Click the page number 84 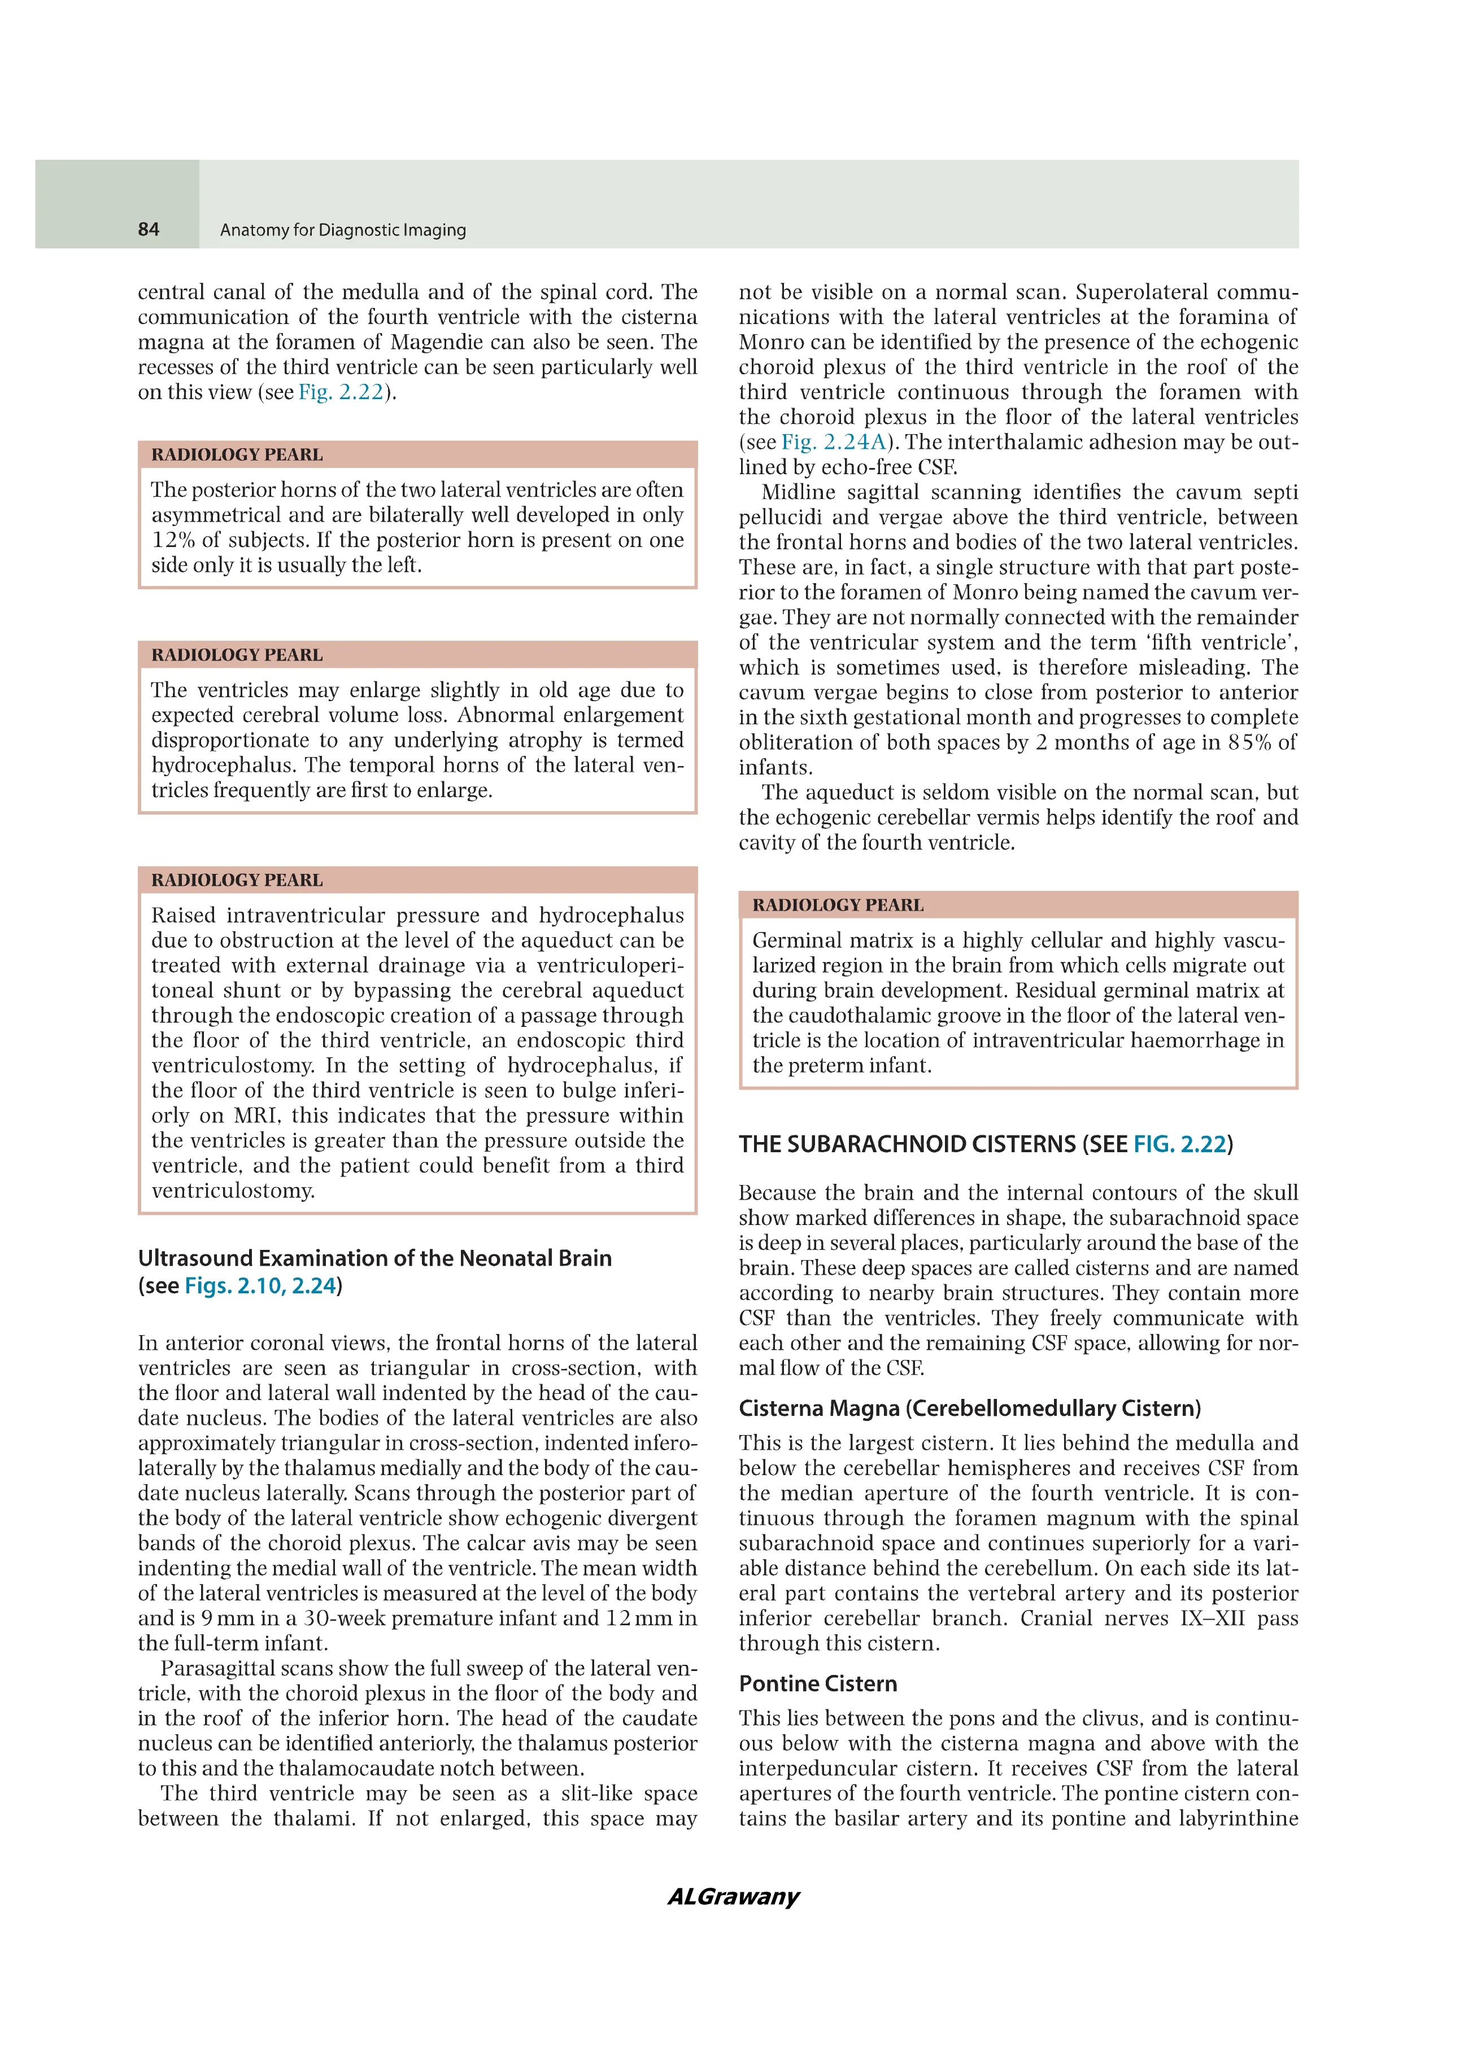click(149, 230)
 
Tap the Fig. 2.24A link click(834, 443)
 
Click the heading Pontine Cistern click(818, 1683)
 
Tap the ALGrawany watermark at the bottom click(733, 1896)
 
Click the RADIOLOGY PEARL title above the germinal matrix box click(838, 905)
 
